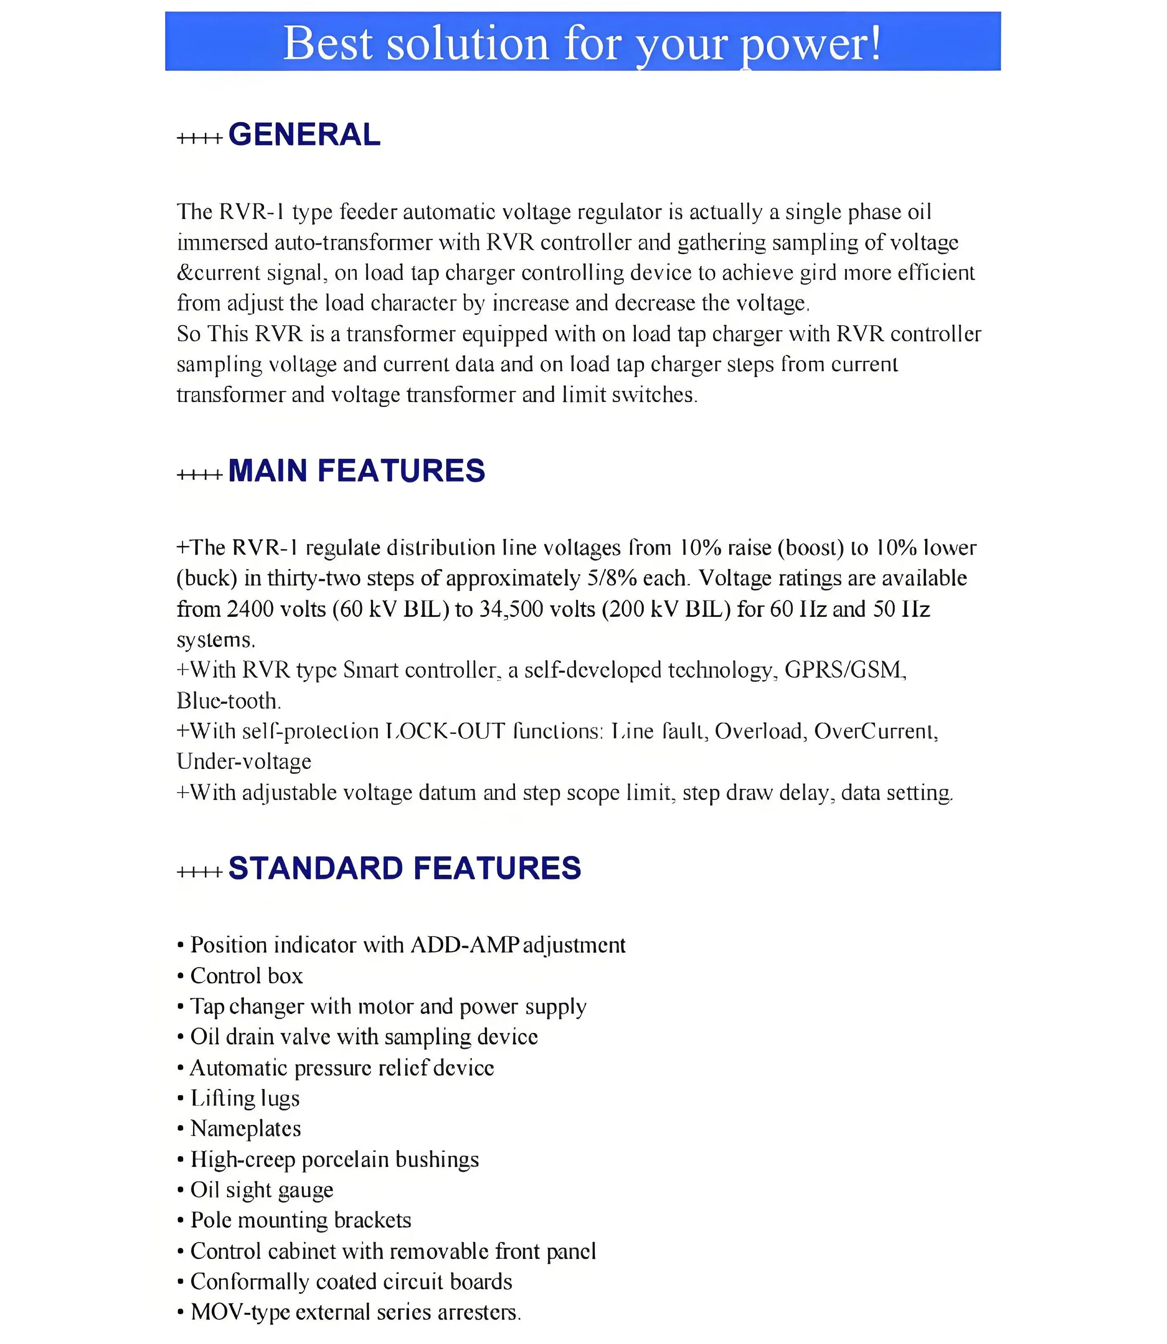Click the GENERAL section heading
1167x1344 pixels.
304,135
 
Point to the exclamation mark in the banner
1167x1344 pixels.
874,43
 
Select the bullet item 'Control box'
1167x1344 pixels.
246,976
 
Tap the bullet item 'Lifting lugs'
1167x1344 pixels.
245,1098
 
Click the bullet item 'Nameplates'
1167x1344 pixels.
246,1129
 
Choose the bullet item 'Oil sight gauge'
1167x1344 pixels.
262,1190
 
